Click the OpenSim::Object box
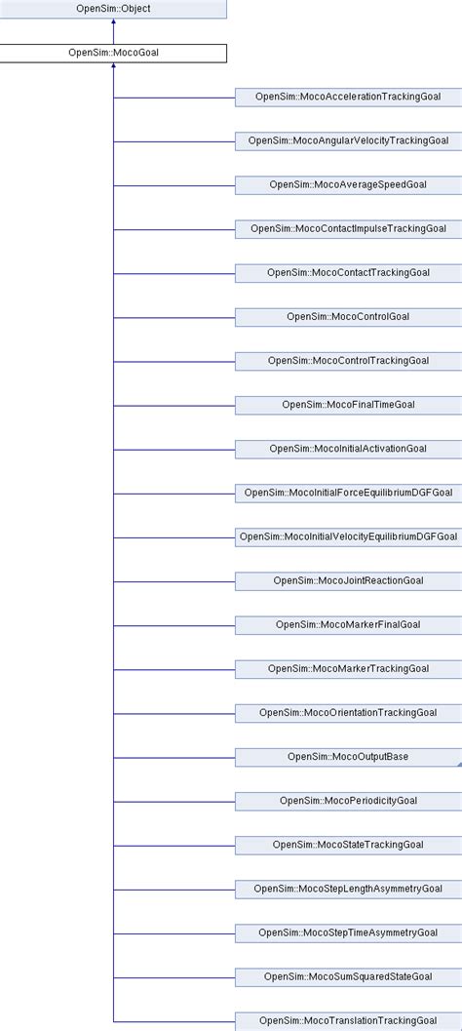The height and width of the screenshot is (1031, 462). click(113, 9)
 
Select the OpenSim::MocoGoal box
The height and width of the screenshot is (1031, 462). click(113, 53)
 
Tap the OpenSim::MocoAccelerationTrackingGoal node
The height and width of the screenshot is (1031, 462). click(348, 97)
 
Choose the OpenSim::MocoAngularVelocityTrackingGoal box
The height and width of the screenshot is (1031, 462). click(348, 140)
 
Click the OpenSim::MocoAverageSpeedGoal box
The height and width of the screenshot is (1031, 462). click(348, 184)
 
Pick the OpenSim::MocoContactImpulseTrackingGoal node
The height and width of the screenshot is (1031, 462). click(348, 228)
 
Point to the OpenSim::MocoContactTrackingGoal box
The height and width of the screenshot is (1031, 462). click(348, 272)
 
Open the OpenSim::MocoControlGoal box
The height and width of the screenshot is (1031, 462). click(348, 316)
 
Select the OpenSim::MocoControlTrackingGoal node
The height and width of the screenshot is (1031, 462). click(348, 360)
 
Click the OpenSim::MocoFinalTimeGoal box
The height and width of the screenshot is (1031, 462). click(348, 404)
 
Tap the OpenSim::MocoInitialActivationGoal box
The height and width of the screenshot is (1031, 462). click(348, 448)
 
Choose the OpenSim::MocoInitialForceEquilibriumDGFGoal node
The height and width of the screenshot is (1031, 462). click(348, 492)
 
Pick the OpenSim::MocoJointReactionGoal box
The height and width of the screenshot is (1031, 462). click(348, 580)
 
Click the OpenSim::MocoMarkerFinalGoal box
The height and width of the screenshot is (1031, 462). click(348, 624)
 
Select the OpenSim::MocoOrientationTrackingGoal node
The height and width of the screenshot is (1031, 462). click(348, 712)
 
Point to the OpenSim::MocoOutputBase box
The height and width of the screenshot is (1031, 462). click(348, 756)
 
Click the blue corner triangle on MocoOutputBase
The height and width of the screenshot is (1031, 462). click(458, 763)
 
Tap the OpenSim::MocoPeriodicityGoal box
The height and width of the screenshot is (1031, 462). click(348, 800)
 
